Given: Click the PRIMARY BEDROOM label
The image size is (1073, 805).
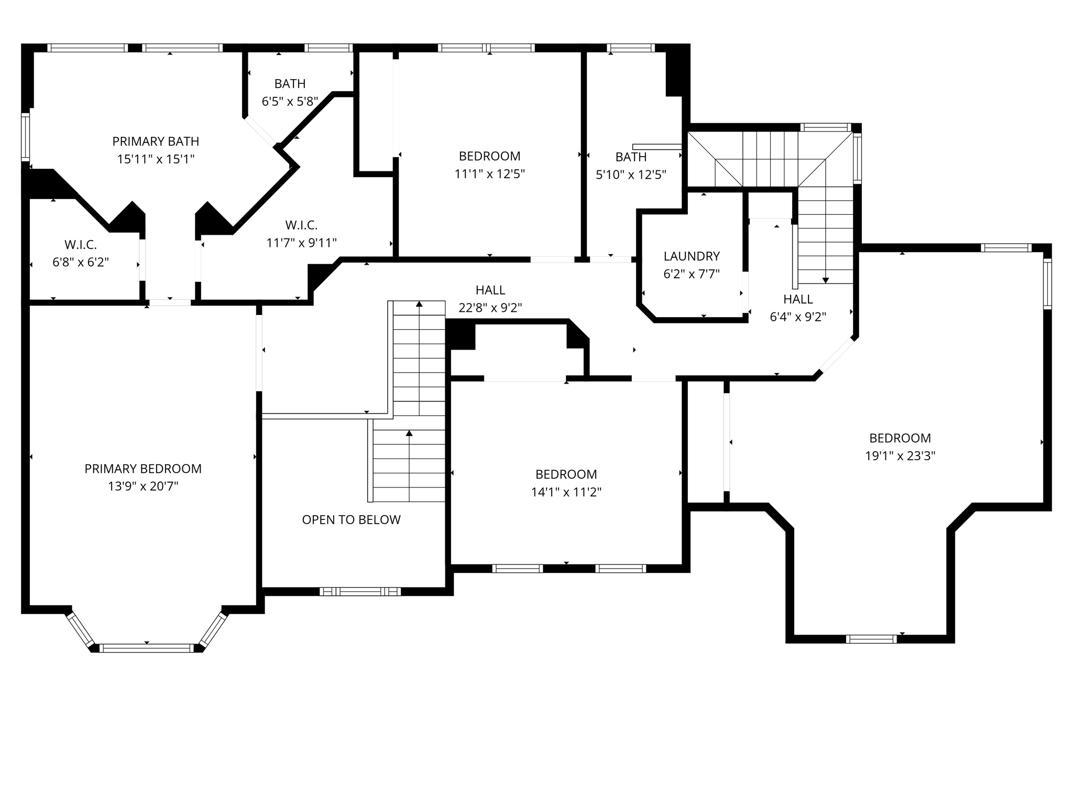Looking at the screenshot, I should (143, 469).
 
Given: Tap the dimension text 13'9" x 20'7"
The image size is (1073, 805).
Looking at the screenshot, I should (143, 486).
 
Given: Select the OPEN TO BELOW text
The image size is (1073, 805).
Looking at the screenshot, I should (351, 519).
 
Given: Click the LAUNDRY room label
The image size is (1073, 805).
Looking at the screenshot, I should (692, 256).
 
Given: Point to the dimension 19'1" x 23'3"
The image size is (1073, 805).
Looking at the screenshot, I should (900, 455).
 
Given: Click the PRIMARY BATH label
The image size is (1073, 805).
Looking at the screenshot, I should (156, 141).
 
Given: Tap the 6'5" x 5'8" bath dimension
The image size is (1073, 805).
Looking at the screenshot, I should (290, 101).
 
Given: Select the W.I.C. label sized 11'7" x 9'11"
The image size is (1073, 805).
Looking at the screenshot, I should (301, 225).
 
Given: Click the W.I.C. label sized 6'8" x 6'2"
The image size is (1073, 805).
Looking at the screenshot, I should (81, 244).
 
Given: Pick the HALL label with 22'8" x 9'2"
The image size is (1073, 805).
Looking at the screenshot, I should (490, 290).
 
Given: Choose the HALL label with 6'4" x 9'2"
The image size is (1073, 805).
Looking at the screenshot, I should (798, 299).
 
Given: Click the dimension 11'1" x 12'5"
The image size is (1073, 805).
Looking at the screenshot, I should (489, 174).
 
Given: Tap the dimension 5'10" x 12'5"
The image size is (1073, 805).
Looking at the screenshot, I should (631, 175).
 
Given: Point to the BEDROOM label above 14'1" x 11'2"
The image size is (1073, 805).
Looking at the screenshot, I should (566, 474).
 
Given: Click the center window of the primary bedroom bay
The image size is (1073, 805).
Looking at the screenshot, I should (147, 648).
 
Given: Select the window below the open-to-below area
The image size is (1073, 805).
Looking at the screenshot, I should (360, 592).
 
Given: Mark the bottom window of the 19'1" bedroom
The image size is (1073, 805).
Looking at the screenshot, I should (871, 639).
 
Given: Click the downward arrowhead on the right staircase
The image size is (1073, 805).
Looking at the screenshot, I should (825, 280).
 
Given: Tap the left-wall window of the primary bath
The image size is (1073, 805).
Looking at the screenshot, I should (25, 137).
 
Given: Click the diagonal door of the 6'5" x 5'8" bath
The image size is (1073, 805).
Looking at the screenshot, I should (260, 130).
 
